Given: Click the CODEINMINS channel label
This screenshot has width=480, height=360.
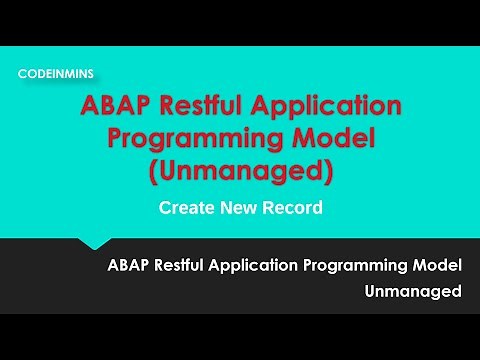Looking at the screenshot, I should point(56,73).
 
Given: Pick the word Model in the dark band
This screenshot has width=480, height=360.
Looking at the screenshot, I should point(440,266).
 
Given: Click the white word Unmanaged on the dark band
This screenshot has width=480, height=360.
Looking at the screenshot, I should point(413,292).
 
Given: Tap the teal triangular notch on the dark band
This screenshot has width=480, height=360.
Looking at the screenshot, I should point(95,243).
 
